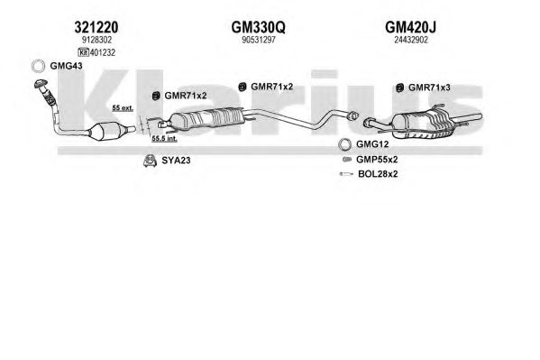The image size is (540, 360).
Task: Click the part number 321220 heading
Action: [96, 27]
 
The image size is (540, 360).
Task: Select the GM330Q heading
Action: [259, 27]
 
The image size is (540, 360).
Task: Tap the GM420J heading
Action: [410, 27]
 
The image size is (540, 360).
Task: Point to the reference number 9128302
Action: [96, 40]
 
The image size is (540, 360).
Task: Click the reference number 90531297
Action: [259, 40]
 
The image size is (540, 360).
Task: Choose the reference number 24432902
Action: [411, 40]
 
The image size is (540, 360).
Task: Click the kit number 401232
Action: [102, 52]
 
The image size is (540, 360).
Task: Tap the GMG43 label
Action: [66, 66]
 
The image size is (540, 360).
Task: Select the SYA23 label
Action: [176, 161]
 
